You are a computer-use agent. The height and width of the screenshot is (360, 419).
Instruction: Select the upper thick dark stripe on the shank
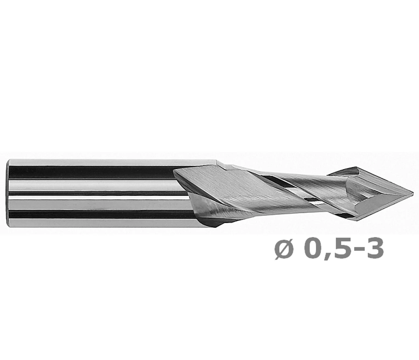click(91, 172)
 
